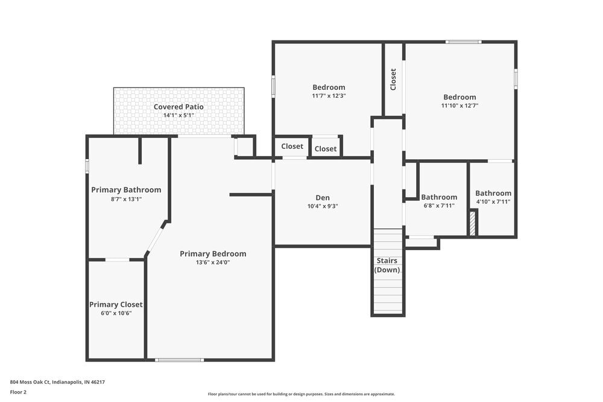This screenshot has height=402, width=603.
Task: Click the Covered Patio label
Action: (x=178, y=107)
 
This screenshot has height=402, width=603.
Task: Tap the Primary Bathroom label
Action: (x=126, y=190)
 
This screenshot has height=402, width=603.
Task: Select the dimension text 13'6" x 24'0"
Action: (x=213, y=262)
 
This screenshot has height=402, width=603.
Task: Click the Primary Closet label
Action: (x=116, y=304)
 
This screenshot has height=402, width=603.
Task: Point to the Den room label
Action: (x=323, y=198)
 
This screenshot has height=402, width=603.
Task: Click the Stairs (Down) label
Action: (x=387, y=265)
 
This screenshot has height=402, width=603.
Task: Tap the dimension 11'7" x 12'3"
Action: (x=329, y=96)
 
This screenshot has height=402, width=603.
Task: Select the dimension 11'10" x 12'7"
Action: (x=459, y=105)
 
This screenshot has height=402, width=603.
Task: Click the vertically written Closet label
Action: (x=393, y=79)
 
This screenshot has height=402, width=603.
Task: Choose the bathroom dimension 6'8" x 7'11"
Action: (x=439, y=206)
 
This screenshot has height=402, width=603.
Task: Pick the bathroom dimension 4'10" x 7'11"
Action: (x=493, y=202)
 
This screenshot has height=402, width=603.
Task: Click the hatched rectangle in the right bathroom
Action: (x=473, y=222)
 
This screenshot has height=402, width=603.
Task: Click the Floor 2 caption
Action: (x=18, y=392)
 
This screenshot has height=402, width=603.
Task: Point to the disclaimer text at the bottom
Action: (x=301, y=394)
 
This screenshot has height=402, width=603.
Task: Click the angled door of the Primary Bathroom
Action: (x=155, y=239)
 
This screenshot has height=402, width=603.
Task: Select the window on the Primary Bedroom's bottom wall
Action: (x=179, y=360)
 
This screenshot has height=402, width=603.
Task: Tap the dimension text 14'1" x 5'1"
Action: (x=178, y=115)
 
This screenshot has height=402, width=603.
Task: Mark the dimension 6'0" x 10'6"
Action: (x=116, y=313)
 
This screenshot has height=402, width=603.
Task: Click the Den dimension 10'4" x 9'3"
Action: (x=323, y=206)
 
